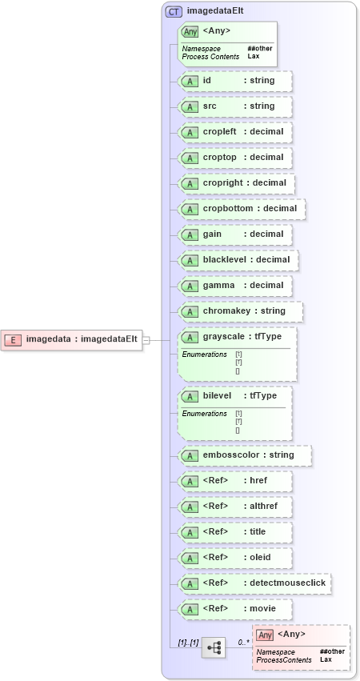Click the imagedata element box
(71, 339)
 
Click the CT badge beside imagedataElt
(173, 11)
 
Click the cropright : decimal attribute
(237, 183)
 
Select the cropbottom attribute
(242, 209)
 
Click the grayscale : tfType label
(241, 337)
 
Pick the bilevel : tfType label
(237, 396)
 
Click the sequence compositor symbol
(213, 647)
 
